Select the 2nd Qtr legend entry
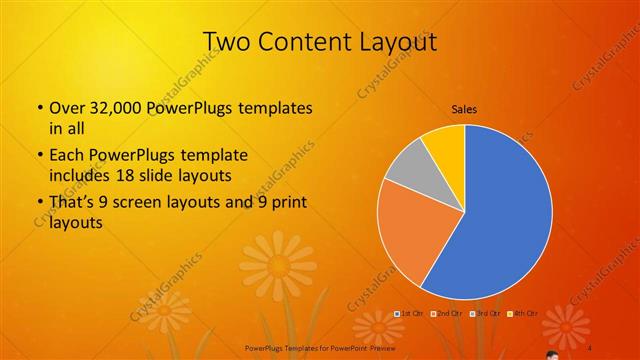[450, 314]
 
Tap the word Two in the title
[228, 41]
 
